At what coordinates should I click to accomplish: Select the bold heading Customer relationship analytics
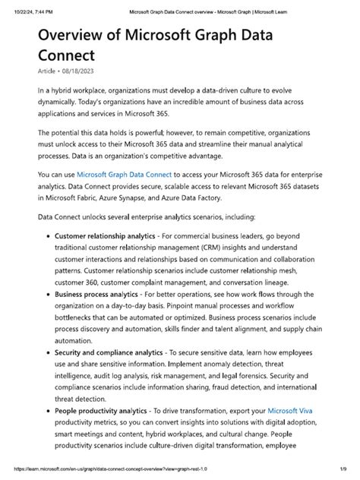pyautogui.click(x=110, y=236)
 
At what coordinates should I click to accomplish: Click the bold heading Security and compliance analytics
pyautogui.click(x=109, y=352)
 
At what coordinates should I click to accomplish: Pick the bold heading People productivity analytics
pyautogui.click(x=104, y=410)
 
